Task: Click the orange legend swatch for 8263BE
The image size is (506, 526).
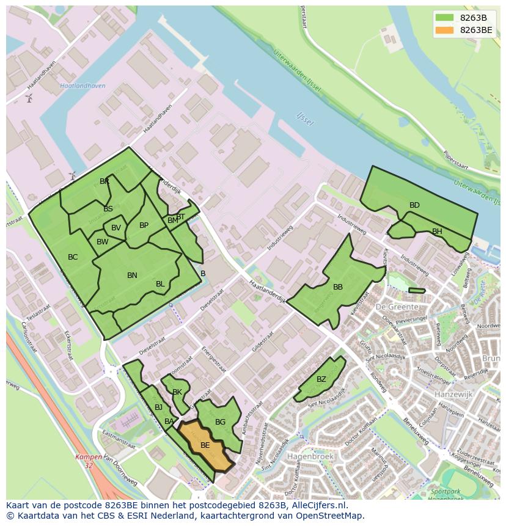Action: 444,29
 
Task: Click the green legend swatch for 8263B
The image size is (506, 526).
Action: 444,17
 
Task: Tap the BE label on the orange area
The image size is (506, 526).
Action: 205,445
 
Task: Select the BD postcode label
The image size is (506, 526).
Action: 414,205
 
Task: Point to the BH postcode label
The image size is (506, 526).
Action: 437,232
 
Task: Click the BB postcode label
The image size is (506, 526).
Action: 338,287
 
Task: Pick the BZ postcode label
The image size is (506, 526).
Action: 321,379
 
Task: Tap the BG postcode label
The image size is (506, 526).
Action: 221,422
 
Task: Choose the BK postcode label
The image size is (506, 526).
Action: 177,392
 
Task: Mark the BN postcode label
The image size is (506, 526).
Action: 132,276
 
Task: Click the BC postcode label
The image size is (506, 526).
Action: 73,257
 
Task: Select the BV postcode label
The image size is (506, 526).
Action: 116,228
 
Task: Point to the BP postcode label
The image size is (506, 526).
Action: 144,225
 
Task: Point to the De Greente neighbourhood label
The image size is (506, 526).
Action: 397,307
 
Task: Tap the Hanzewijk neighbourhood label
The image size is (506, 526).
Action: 453,395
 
